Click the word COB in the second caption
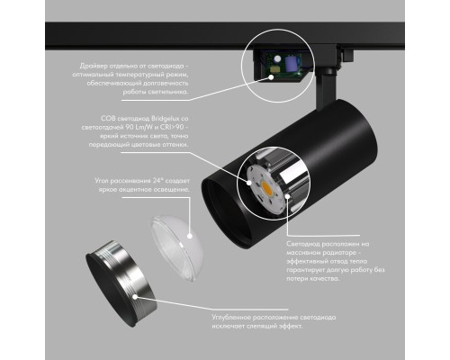pyautogui.click(x=109, y=118)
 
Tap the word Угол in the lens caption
pyautogui.click(x=102, y=181)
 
